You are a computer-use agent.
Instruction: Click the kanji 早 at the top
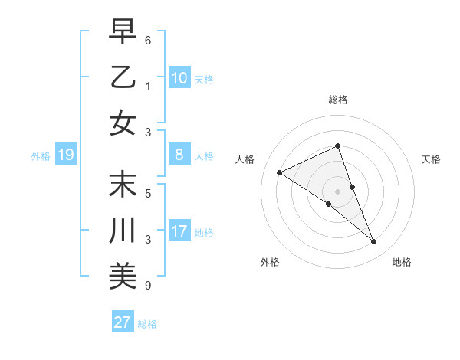point(123,32)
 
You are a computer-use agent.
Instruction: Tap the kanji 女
point(123,122)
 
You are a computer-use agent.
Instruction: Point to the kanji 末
point(123,184)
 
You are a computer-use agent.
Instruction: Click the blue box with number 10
point(179,78)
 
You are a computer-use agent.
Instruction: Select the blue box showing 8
point(179,155)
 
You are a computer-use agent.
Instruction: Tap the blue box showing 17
point(179,231)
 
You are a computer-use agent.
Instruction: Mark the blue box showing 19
point(65,155)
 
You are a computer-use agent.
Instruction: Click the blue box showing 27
point(123,322)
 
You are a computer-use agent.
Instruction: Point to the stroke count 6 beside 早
point(147,40)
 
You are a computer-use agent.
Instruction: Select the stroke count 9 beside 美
point(147,286)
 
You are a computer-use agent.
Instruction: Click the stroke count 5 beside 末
point(147,194)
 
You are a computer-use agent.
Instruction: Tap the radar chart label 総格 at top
point(337,100)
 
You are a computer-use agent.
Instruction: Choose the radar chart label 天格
point(432,159)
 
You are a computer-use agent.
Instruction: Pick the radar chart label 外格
point(269,262)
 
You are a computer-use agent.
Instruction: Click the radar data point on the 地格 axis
point(374,242)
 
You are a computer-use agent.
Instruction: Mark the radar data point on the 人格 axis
point(279,172)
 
